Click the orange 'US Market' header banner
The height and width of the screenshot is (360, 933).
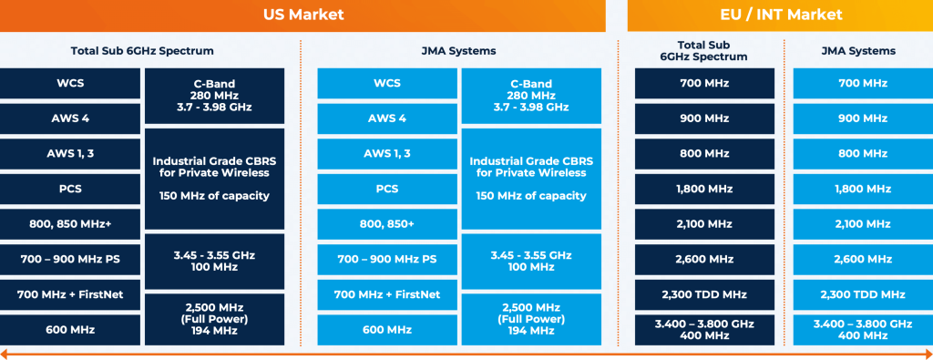(x=302, y=15)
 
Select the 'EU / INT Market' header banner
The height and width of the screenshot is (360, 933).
(x=780, y=15)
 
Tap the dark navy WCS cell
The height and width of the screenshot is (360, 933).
(x=70, y=84)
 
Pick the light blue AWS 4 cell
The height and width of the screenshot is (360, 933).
(x=387, y=118)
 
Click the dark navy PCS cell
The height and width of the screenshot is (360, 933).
(x=70, y=189)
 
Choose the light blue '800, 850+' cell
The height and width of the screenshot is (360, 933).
(x=387, y=224)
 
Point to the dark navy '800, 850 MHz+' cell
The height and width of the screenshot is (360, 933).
(x=70, y=224)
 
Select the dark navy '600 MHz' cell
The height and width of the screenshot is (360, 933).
(x=70, y=329)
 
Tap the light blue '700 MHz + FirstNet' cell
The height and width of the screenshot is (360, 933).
(x=387, y=294)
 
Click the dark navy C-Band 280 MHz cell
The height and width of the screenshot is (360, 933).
(x=215, y=95)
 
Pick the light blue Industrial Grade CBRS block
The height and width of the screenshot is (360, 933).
(x=531, y=179)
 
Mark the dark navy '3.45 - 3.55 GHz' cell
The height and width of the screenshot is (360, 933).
(x=215, y=260)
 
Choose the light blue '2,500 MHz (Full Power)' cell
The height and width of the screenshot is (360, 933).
(x=531, y=319)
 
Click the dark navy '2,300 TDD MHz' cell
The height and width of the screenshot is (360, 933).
(x=705, y=294)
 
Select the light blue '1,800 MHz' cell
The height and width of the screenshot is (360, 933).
(x=862, y=189)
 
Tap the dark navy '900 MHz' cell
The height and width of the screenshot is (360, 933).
(x=705, y=118)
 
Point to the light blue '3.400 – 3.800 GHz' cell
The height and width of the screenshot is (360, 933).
(x=862, y=329)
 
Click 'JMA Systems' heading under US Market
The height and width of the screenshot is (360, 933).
(x=459, y=51)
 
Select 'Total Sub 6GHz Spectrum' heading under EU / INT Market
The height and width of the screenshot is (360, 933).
(x=705, y=50)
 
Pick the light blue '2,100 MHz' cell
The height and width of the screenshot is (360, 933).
(x=862, y=224)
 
